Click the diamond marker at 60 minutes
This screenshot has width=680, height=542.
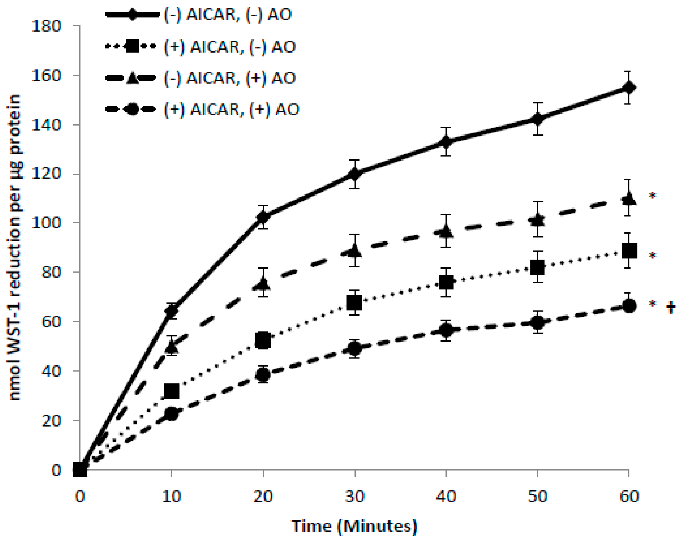coord(629,88)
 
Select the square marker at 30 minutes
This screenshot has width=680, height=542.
coord(354,302)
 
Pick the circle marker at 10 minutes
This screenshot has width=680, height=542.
coord(171,413)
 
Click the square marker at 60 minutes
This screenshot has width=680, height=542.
coord(629,251)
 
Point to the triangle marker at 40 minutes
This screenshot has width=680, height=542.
coord(446,232)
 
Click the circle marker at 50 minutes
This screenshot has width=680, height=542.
coord(537,322)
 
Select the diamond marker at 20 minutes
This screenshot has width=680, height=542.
coord(263,217)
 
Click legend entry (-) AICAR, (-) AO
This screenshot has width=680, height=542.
coord(228,15)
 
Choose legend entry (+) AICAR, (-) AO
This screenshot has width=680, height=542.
coord(230,47)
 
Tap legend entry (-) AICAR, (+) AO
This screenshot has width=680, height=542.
coord(230,78)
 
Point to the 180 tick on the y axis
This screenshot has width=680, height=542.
coord(46,26)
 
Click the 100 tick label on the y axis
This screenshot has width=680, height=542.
coord(46,223)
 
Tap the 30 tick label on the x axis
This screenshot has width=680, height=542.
coord(355,496)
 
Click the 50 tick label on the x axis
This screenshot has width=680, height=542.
coord(537,496)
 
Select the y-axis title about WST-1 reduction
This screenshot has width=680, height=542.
coord(15,248)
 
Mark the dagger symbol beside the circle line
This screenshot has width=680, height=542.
coord(671,308)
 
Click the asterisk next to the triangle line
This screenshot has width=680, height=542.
coord(652,196)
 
